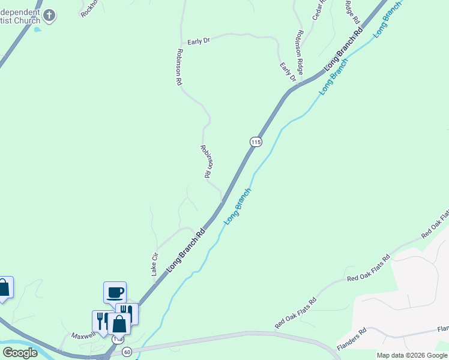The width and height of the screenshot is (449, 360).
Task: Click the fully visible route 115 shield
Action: tap(256, 142)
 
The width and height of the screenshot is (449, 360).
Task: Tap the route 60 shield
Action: tap(127, 351)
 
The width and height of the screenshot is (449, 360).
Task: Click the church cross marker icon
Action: tap(50, 16)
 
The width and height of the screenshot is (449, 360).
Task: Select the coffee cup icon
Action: tap(115, 293)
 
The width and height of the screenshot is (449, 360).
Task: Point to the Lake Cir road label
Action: tap(155, 264)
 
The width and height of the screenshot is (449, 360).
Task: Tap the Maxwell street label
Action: tap(83, 336)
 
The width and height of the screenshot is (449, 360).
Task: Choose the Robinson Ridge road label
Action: tap(298, 47)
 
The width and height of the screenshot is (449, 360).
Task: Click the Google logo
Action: tap(20, 353)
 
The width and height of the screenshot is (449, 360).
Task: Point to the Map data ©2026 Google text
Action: tap(412, 355)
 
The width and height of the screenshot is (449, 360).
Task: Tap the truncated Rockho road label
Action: tap(91, 8)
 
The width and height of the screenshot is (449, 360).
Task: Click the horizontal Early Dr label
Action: tap(198, 41)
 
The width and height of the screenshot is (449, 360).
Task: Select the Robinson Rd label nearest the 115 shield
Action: tap(205, 161)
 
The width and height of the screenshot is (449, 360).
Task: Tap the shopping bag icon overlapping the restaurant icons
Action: tap(119, 324)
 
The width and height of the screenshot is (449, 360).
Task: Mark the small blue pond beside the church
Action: tap(37, 28)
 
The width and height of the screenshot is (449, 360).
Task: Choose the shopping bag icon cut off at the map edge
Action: tap(4, 287)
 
